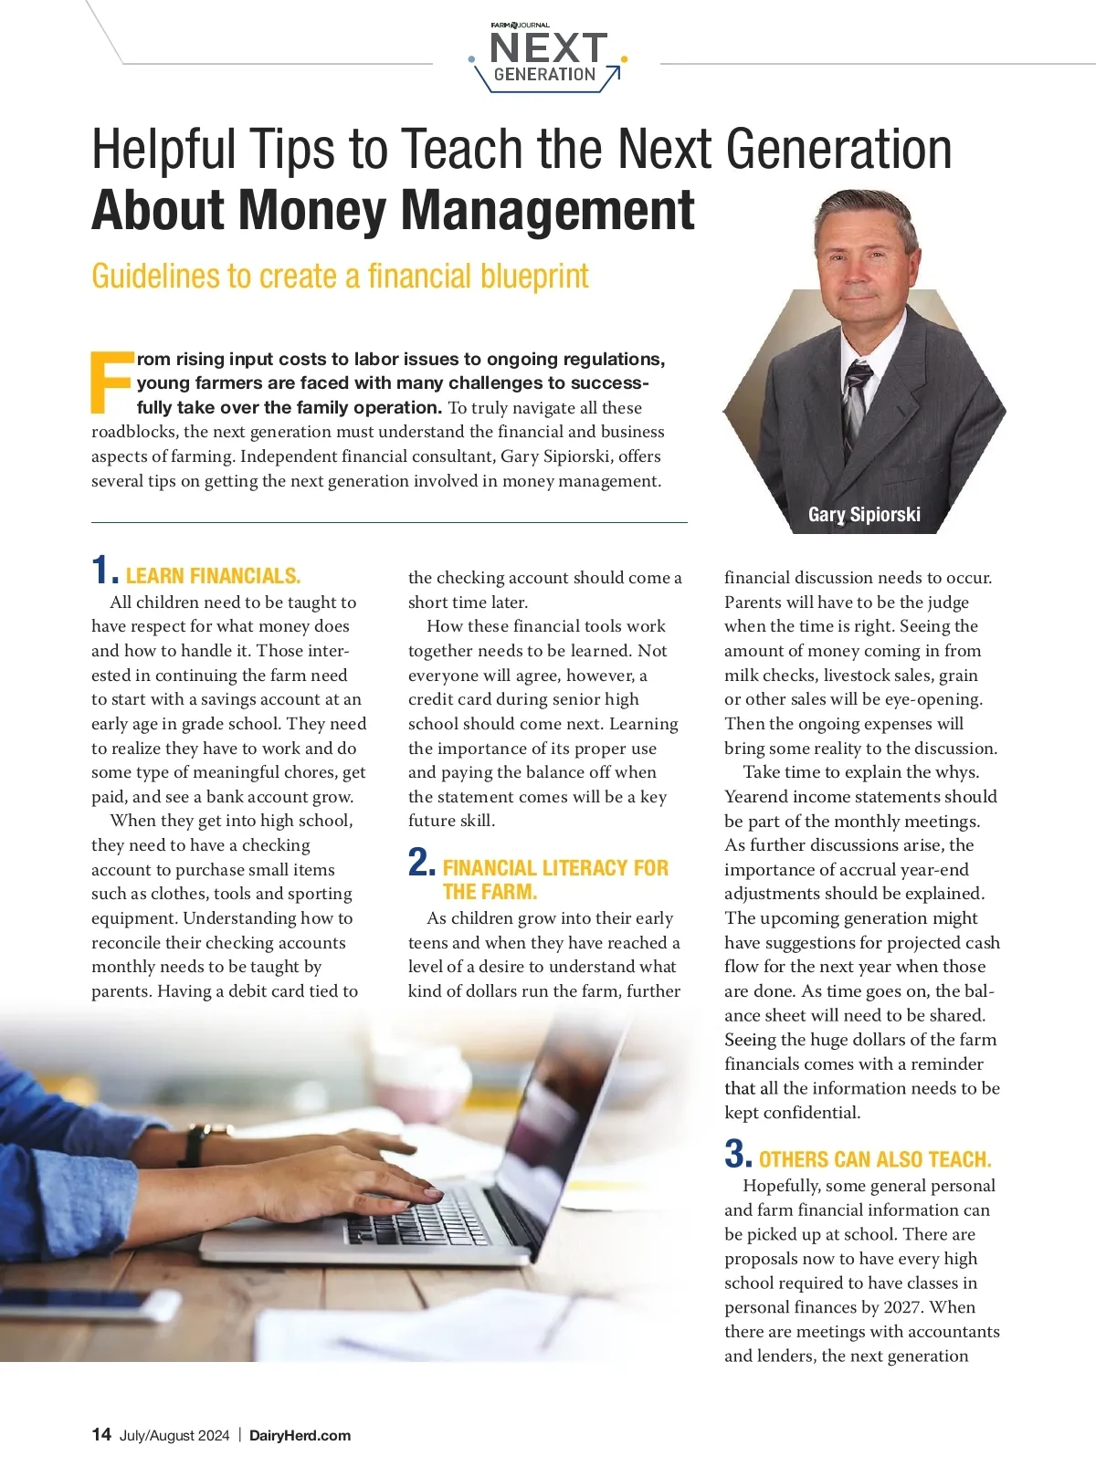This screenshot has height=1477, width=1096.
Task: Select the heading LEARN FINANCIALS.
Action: pos(213,576)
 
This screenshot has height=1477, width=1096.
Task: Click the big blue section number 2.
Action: pos(421,863)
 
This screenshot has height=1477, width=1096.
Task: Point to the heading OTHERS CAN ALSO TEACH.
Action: pos(875,1159)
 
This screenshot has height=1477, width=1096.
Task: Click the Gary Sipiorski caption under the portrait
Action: pos(864,514)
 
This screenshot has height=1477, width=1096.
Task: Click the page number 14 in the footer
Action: pos(101,1434)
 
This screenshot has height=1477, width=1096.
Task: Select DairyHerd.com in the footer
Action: pos(300,1435)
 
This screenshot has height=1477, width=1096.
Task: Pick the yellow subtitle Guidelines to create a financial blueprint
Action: pos(340,276)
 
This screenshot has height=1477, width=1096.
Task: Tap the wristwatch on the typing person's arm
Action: pos(195,1145)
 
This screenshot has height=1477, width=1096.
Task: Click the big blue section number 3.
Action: pos(736,1154)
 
